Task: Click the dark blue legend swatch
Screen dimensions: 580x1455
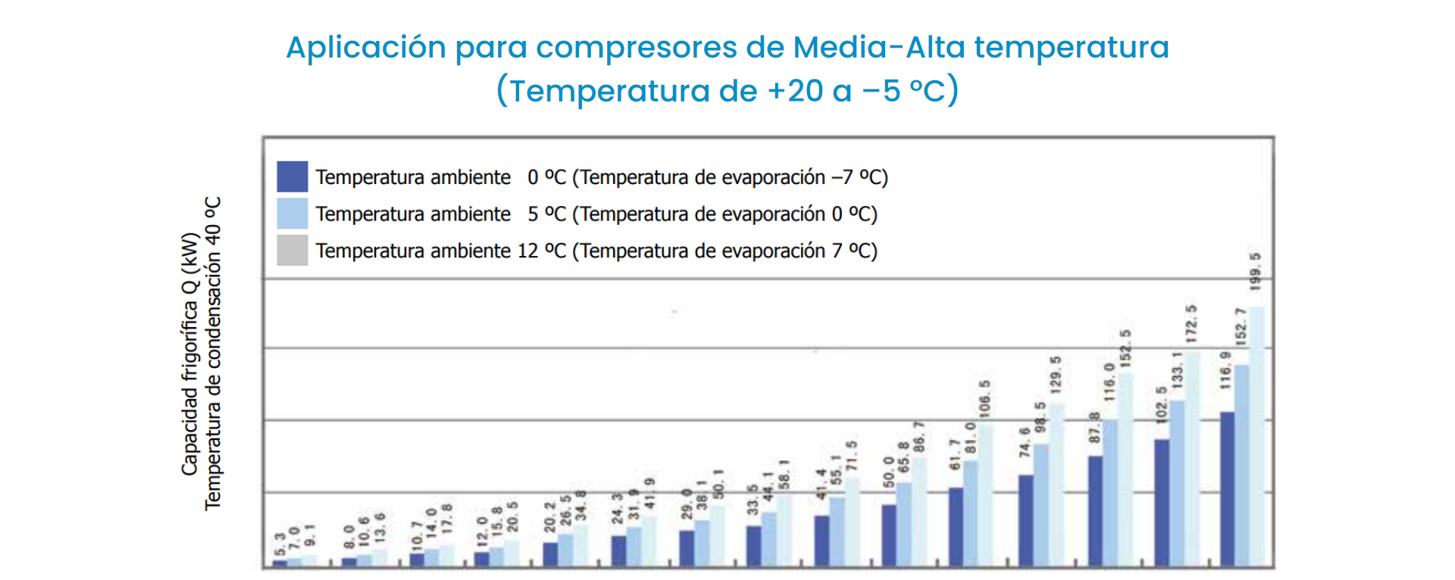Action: coord(292,176)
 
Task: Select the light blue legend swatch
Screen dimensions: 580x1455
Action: coord(292,214)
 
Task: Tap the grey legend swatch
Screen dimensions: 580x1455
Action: coord(292,251)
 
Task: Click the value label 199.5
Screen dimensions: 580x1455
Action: coord(1256,272)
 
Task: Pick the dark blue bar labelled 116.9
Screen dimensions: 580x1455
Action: coord(1227,488)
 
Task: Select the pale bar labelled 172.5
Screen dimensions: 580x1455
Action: coord(1192,458)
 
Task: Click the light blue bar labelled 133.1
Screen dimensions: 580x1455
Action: coord(1177,483)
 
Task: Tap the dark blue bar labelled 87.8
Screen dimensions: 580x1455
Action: coord(1095,510)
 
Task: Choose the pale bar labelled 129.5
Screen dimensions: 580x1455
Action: coord(1056,485)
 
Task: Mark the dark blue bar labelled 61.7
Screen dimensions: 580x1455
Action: coord(956,526)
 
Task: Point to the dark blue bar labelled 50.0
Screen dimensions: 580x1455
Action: coord(888,535)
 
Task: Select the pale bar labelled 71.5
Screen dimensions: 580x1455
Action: coord(853,521)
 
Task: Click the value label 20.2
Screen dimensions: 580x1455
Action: coord(550,516)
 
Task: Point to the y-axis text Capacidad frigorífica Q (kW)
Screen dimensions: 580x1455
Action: coord(189,354)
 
